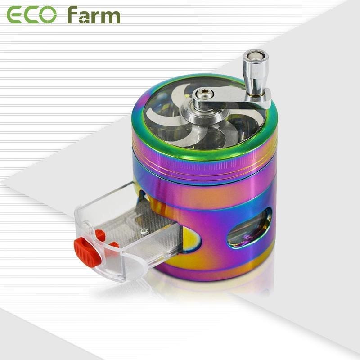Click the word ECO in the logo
click(31, 15)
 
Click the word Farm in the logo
click(94, 15)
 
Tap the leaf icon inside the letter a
click(82, 19)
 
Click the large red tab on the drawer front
click(87, 252)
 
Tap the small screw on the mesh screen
click(144, 231)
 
